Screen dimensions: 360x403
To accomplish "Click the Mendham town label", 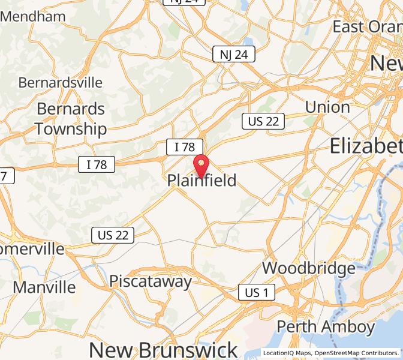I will [x=33, y=16].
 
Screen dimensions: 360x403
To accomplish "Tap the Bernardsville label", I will [x=61, y=82].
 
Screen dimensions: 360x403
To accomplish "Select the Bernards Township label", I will [x=71, y=119].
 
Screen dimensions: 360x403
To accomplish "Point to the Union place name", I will [x=327, y=107].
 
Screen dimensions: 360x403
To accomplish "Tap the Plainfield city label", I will [x=201, y=180].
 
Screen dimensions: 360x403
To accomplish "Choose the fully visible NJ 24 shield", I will [x=234, y=55].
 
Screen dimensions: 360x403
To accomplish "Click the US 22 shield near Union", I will [x=263, y=121].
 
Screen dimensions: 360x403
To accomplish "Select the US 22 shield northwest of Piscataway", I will [x=113, y=235].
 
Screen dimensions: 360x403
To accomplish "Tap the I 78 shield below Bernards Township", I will [x=97, y=164].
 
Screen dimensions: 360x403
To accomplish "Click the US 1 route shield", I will [x=257, y=292].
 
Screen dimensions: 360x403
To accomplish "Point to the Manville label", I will [x=44, y=287].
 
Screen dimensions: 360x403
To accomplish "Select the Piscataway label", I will [x=151, y=281].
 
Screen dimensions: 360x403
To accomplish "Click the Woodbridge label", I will [x=309, y=268].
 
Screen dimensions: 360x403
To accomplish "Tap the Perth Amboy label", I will [x=326, y=326].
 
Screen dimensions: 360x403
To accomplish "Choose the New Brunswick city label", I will [x=163, y=350].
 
